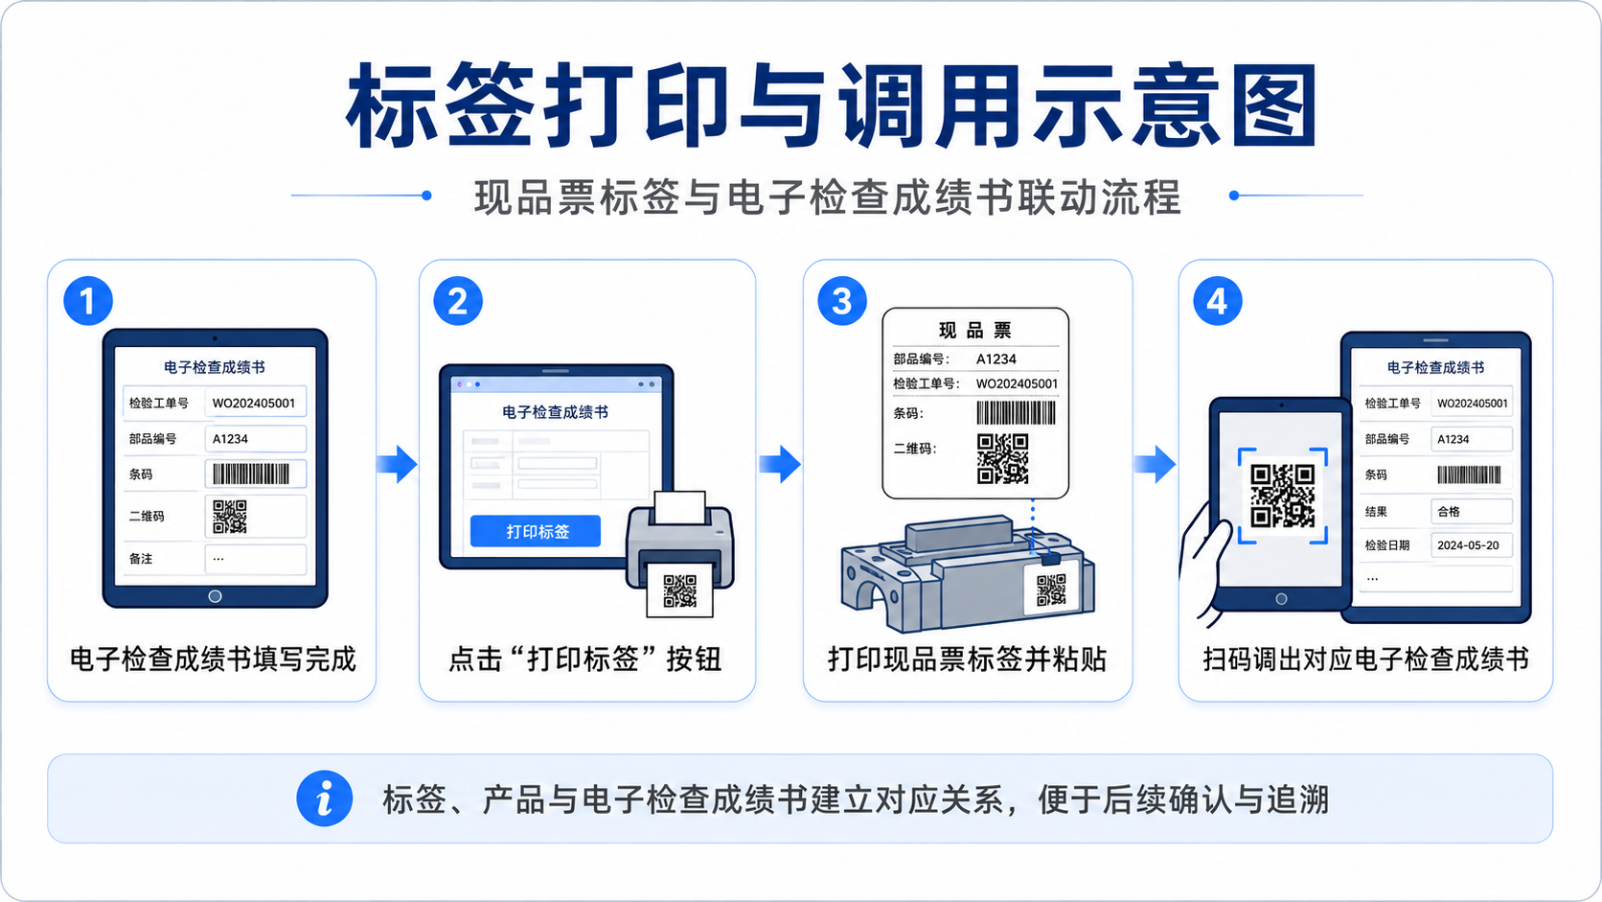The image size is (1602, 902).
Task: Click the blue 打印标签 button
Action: [x=535, y=531]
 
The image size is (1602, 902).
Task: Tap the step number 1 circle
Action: [x=88, y=301]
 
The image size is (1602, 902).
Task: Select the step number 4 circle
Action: [x=1217, y=301]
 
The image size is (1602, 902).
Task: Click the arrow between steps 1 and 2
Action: [x=397, y=464]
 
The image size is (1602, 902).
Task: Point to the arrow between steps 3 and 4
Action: [x=1155, y=464]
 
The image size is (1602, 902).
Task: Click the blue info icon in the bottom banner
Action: [x=325, y=798]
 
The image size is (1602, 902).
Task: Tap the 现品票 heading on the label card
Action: [x=975, y=330]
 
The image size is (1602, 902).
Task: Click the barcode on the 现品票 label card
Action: [x=1017, y=413]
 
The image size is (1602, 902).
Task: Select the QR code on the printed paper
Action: [x=679, y=590]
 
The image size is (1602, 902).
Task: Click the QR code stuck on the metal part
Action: [x=1051, y=590]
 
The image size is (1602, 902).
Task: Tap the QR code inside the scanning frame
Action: [x=1282, y=496]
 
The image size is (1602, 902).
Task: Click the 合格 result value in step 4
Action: [x=1449, y=512]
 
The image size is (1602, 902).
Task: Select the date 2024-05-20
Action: [x=1468, y=545]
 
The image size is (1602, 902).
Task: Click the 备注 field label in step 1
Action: [x=141, y=559]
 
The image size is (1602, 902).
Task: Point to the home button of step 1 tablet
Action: [x=215, y=596]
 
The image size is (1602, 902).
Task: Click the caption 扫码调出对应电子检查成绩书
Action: [x=1365, y=659]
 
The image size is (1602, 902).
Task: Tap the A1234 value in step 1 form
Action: [x=230, y=438]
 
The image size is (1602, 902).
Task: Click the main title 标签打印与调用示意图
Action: [x=833, y=105]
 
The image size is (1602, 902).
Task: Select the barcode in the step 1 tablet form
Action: [x=251, y=474]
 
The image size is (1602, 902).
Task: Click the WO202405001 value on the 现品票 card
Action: [x=1017, y=383]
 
